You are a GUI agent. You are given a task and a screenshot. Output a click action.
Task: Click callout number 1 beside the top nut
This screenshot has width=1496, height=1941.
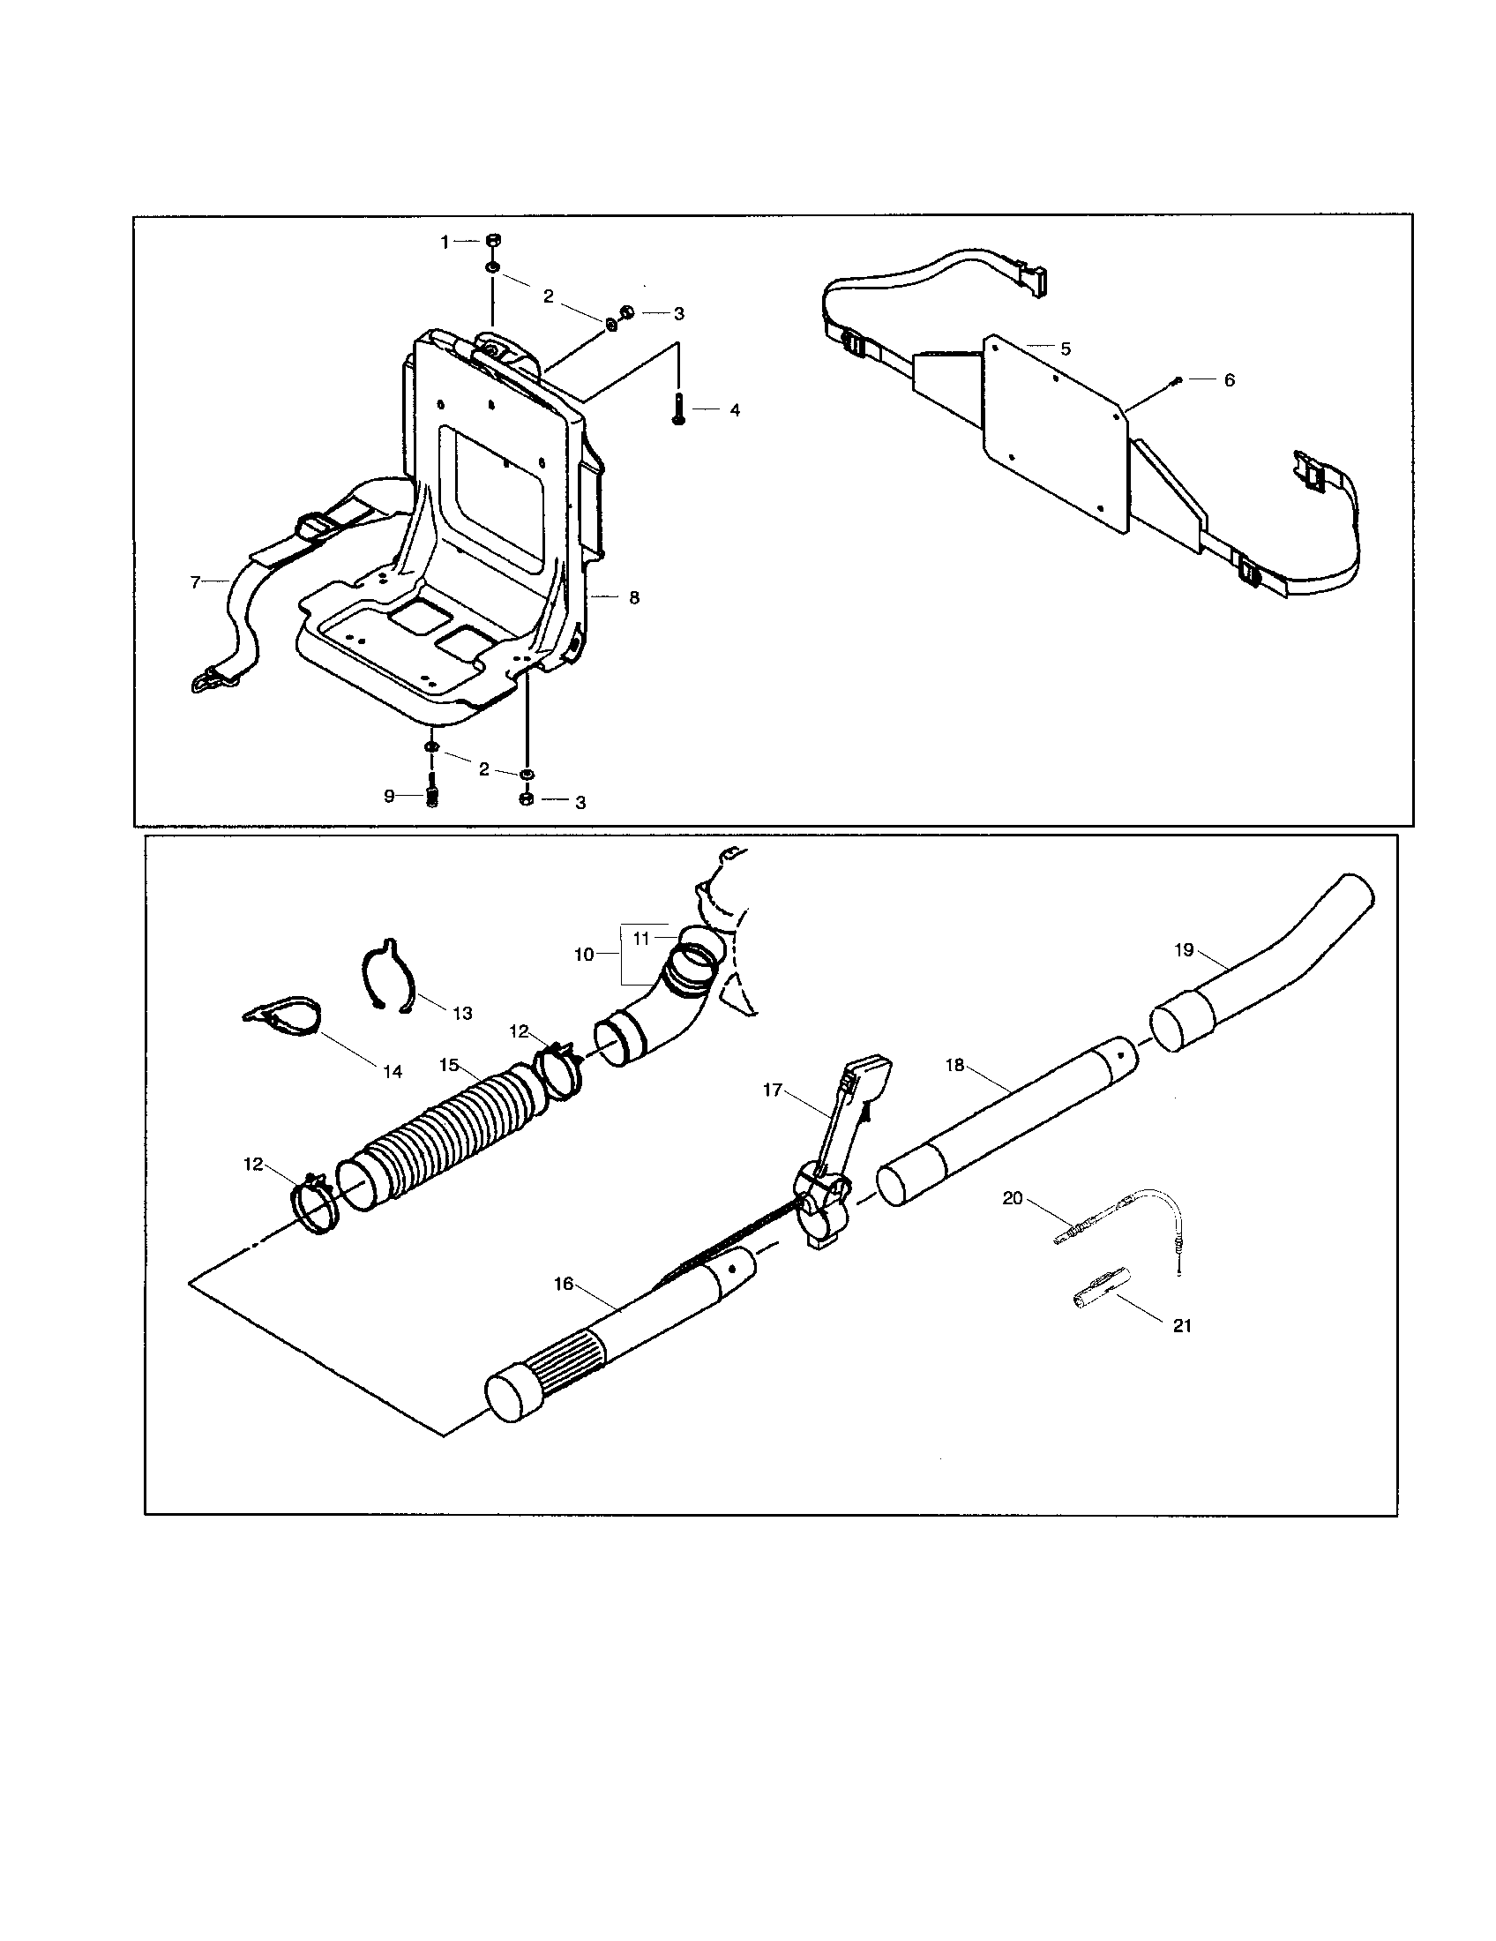[x=446, y=242]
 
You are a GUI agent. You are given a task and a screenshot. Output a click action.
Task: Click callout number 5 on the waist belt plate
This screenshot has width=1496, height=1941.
[x=1066, y=348]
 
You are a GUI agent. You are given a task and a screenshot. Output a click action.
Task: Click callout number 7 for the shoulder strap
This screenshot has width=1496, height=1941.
[x=197, y=582]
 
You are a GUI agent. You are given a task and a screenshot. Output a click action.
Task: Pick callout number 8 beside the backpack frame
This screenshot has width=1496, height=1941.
[x=633, y=598]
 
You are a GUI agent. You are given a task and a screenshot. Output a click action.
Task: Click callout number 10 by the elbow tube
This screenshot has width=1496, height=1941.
[x=584, y=954]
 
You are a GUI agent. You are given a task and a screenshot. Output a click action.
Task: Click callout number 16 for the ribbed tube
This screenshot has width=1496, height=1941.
[x=564, y=1284]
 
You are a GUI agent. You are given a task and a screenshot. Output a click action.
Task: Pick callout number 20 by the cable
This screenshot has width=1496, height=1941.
[x=1013, y=1198]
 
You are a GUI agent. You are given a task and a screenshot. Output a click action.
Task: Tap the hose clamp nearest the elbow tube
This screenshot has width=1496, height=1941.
[x=557, y=1068]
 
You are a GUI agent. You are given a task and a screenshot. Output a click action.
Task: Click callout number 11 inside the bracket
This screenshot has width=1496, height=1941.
[x=641, y=937]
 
